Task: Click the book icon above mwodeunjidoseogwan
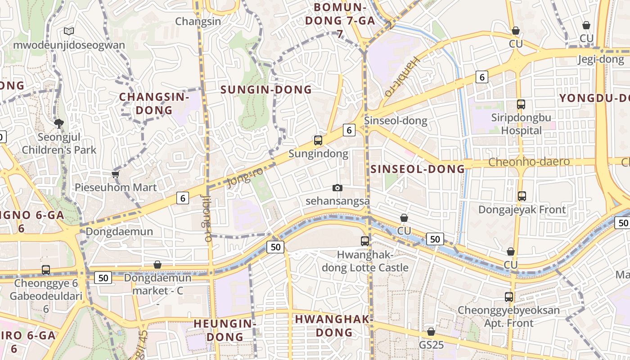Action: point(69,31)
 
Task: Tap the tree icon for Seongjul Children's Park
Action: point(58,123)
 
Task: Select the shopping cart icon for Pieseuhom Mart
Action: point(116,174)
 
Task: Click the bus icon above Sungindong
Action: point(318,140)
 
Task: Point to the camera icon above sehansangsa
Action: point(337,188)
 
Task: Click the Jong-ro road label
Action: point(245,177)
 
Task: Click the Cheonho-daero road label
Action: point(529,162)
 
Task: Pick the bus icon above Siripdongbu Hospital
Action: point(521,104)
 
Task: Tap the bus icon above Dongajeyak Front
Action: point(522,196)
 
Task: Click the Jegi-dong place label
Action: point(601,59)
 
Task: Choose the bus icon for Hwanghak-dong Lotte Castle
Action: point(365,241)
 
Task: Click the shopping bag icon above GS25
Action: point(431,332)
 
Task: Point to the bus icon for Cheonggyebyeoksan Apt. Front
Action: point(509,297)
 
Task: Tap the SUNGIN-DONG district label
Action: point(266,90)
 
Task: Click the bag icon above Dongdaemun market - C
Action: point(157,265)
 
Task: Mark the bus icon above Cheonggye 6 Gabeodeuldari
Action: point(46,270)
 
